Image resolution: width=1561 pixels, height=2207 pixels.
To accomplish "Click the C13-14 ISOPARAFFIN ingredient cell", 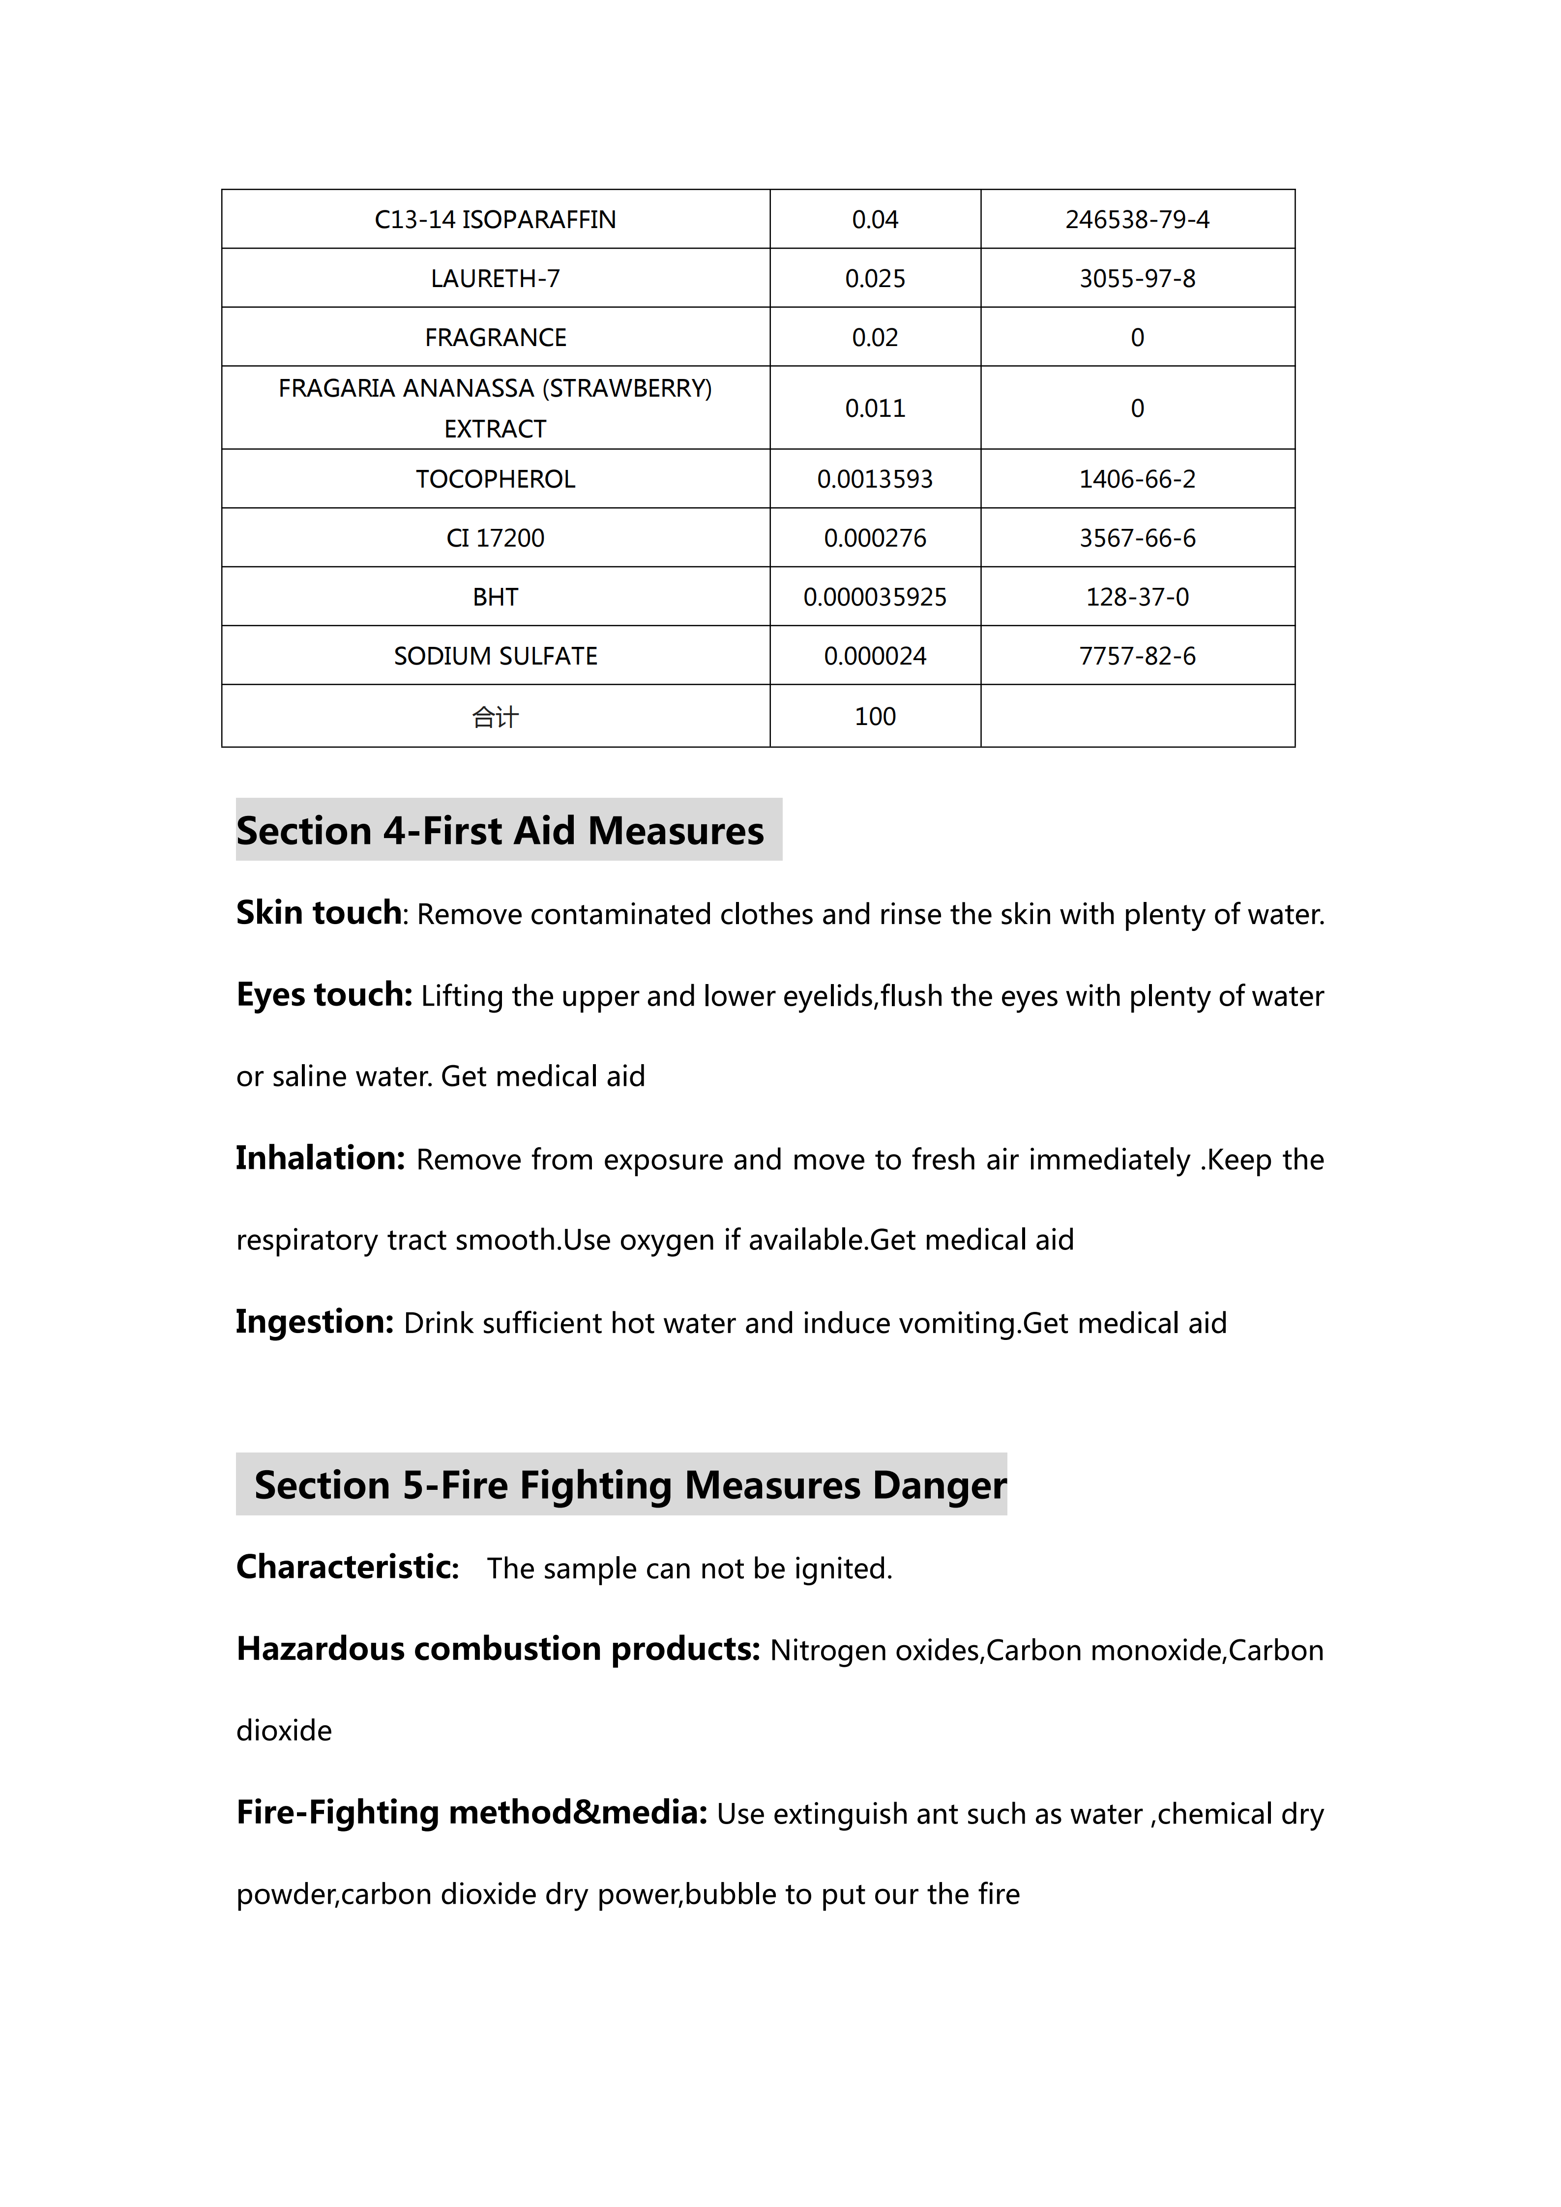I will click(x=495, y=219).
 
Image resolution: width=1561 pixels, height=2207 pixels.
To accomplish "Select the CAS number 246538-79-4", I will click(x=1137, y=219).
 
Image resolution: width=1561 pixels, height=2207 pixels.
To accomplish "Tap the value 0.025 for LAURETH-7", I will click(x=875, y=279).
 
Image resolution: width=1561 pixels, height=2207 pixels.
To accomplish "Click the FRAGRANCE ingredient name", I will click(x=495, y=337).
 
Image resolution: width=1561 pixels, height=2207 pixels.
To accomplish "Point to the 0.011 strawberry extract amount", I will click(x=875, y=408).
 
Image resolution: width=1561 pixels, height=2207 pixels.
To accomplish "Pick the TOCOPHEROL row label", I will click(x=495, y=479).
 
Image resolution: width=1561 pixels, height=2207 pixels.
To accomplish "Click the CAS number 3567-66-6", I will click(x=1137, y=538).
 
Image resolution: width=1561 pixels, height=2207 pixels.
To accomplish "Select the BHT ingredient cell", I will click(x=495, y=597).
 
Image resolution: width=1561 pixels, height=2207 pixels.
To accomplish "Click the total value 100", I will click(x=875, y=716).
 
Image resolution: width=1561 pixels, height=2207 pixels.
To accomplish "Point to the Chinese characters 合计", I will click(x=495, y=716).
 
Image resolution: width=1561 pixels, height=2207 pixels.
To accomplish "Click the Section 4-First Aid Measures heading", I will click(x=500, y=831).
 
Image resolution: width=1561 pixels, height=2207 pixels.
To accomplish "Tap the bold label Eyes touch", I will click(x=324, y=995).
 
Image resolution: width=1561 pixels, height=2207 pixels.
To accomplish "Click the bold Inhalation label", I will click(x=320, y=1158).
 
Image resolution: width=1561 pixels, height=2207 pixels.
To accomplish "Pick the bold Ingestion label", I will click(x=314, y=1322).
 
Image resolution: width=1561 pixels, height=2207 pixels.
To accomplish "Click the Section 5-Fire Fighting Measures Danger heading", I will click(x=630, y=1485).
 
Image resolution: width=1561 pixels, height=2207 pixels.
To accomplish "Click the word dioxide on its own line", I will click(x=284, y=1730).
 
